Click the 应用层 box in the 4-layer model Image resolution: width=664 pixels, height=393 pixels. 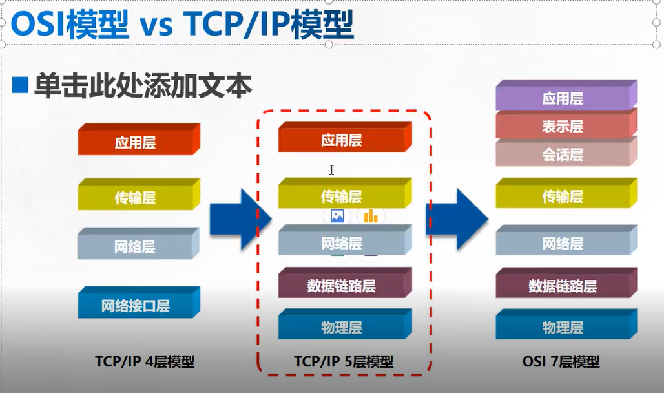(x=139, y=140)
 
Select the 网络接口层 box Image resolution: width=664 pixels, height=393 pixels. (x=139, y=303)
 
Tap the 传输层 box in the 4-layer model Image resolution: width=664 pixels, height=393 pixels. (x=139, y=194)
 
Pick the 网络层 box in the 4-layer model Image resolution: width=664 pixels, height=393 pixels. (x=138, y=243)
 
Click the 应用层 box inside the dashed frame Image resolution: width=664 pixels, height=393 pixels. (x=345, y=136)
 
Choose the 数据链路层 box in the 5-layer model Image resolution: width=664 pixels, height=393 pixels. (x=345, y=282)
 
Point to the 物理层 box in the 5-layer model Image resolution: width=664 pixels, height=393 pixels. (x=345, y=324)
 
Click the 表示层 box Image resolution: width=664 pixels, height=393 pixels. (x=566, y=125)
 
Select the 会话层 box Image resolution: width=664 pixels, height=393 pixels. (x=566, y=153)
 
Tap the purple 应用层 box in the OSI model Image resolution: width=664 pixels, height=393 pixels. (x=566, y=96)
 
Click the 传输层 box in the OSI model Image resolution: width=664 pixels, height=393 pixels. (x=566, y=193)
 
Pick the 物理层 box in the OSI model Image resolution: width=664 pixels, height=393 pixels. (x=566, y=324)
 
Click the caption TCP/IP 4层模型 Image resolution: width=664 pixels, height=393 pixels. (x=145, y=361)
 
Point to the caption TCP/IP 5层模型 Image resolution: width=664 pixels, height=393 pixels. (x=344, y=361)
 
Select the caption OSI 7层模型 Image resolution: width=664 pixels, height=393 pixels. (x=561, y=361)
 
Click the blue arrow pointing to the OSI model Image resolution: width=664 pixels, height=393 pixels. (x=457, y=219)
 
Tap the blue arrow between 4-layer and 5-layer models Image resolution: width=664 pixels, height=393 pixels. (x=240, y=219)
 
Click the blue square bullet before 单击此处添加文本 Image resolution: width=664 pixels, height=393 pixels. (x=20, y=85)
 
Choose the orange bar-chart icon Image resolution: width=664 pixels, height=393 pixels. (x=371, y=216)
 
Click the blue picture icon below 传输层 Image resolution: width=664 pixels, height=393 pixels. (x=338, y=216)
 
